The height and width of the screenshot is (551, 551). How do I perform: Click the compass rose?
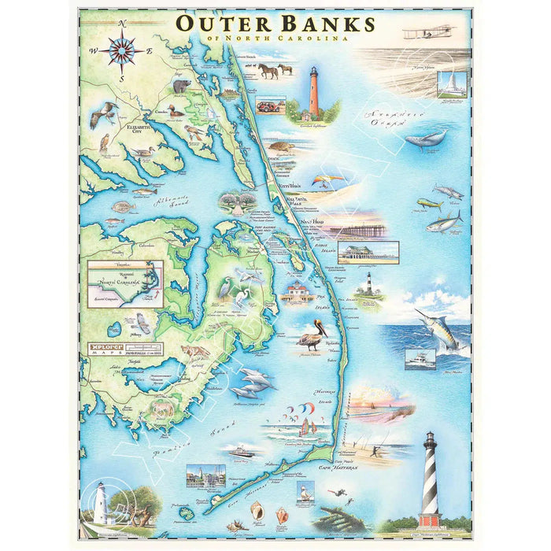[122, 52]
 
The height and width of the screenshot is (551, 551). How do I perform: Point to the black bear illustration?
[182, 84]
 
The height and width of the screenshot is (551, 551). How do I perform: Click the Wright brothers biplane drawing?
[428, 32]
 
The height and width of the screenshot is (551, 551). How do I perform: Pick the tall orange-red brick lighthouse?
[314, 92]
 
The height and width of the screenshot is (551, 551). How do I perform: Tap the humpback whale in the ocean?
[426, 139]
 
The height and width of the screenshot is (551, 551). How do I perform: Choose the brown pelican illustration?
[312, 335]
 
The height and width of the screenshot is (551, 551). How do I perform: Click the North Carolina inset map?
[126, 284]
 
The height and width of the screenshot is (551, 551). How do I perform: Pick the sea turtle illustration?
[277, 147]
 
